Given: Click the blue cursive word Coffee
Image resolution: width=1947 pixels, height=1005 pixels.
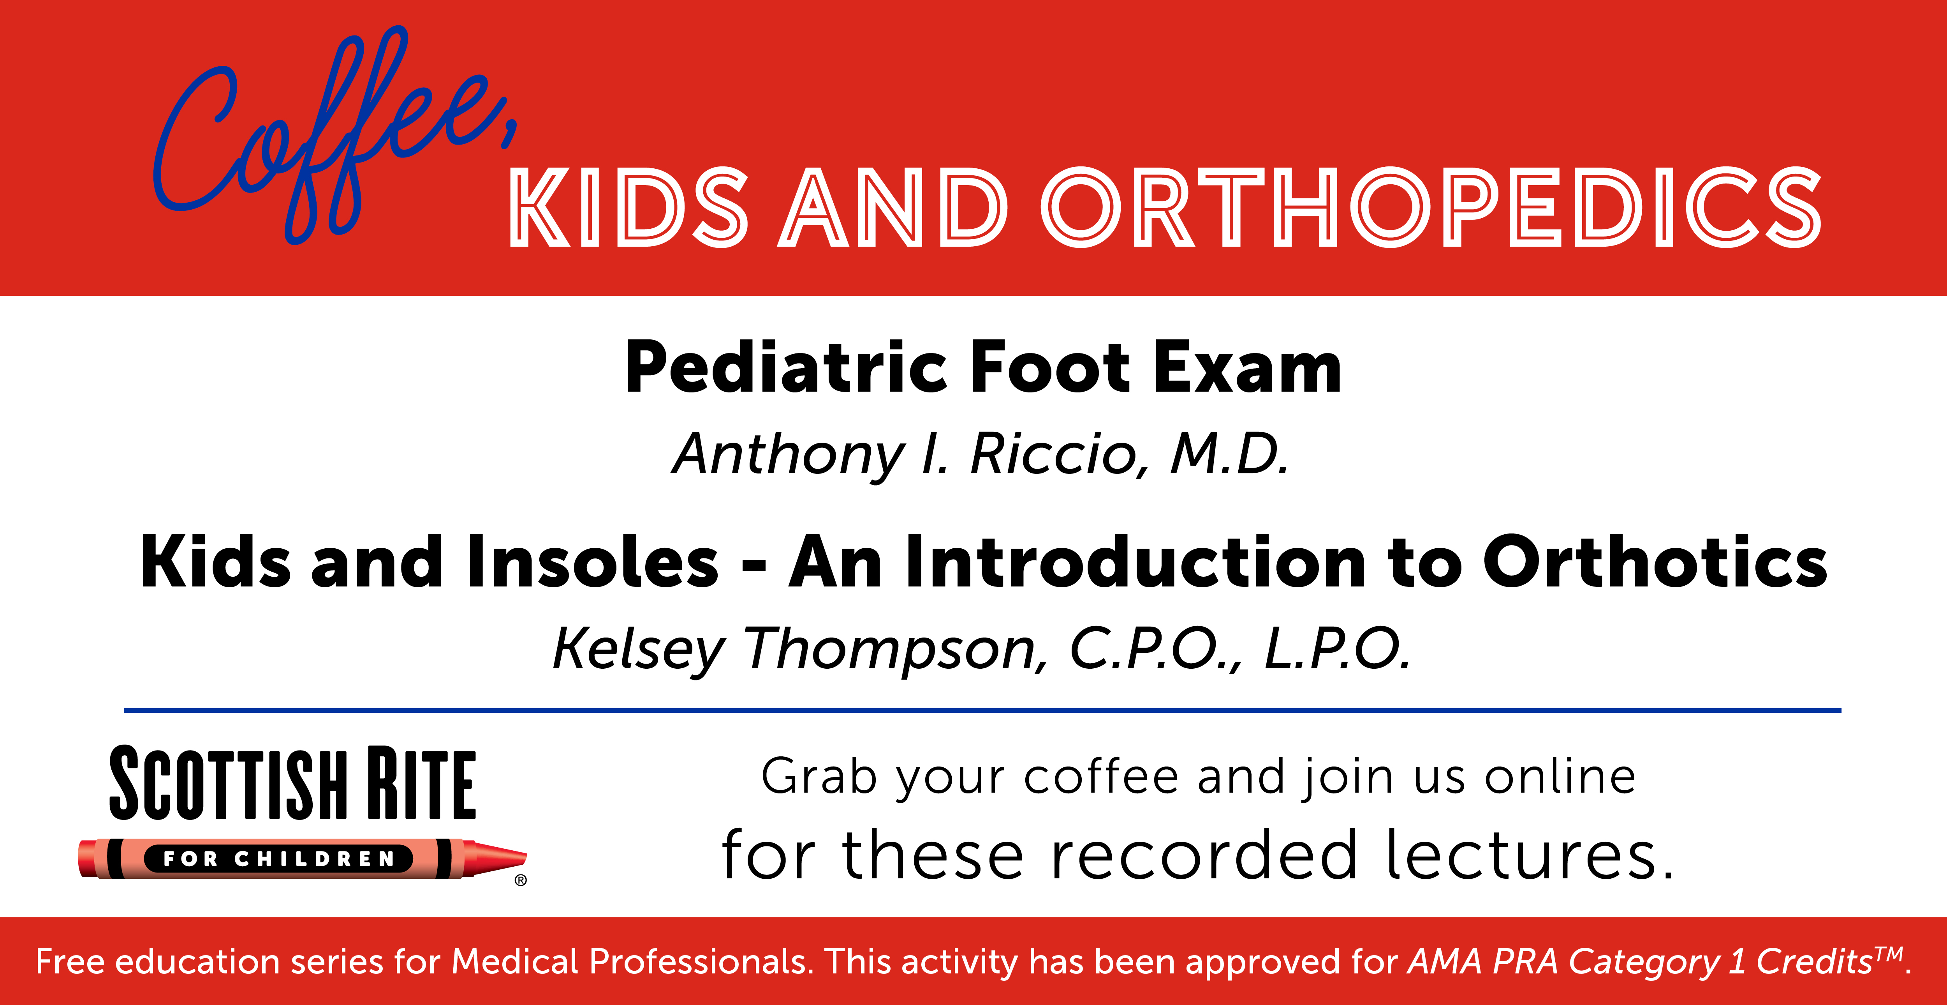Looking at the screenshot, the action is tap(333, 136).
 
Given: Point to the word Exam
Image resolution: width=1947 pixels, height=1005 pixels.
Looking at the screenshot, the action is tap(1247, 368).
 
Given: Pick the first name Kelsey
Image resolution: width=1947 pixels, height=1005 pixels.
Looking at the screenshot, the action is tap(639, 649).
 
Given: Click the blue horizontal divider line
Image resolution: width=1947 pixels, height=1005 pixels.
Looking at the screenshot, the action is tap(982, 710).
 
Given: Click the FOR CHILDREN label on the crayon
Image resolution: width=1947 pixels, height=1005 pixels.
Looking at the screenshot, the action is tap(279, 858).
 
